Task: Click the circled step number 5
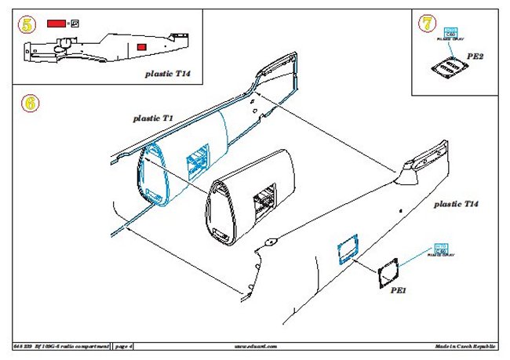point(28,25)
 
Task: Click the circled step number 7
point(427,24)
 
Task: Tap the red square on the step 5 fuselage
point(142,49)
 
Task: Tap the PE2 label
point(475,56)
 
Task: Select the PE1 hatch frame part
point(388,272)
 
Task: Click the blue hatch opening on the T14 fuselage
point(345,248)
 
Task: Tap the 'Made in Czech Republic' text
point(465,345)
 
